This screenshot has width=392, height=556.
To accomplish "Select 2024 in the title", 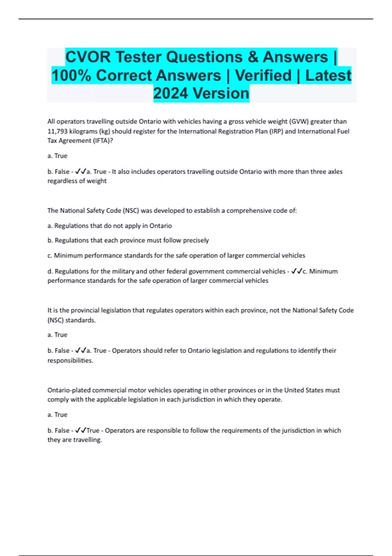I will coord(171,93).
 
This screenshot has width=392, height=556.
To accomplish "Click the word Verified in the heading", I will coord(263,75).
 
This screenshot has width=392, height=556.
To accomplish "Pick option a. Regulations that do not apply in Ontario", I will coord(109,226).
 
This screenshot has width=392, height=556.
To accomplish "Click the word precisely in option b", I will coord(196,240).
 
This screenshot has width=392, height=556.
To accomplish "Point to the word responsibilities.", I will coord(70,360).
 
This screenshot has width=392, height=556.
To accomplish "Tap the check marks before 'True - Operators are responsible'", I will coord(80,430).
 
